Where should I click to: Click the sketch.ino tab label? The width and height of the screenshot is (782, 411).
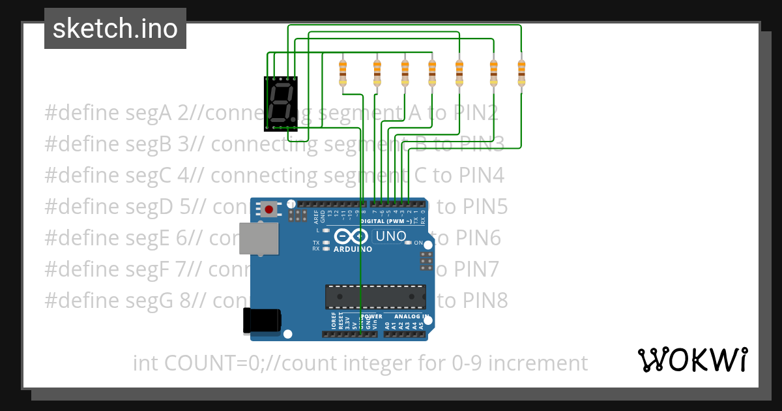[x=115, y=29]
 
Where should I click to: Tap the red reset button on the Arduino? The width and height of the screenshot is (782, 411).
[x=268, y=209]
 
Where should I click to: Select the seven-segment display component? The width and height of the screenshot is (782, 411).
[x=281, y=104]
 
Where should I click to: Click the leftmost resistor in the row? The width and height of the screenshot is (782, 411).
[x=343, y=72]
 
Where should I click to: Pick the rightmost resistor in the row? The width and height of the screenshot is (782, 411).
[x=521, y=72]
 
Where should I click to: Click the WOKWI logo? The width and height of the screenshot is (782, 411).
[x=692, y=359]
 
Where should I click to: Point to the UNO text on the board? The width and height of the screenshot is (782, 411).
[x=391, y=236]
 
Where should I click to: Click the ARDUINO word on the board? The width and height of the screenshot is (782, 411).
[x=353, y=249]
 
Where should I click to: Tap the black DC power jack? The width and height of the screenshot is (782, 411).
[x=262, y=319]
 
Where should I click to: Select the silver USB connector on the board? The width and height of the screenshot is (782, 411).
[x=259, y=238]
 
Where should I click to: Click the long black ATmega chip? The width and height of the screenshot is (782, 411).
[x=376, y=296]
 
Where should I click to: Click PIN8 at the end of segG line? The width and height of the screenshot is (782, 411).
[x=482, y=301]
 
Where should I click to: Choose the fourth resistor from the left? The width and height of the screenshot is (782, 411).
[x=431, y=72]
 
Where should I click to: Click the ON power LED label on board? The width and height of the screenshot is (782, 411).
[x=418, y=243]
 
